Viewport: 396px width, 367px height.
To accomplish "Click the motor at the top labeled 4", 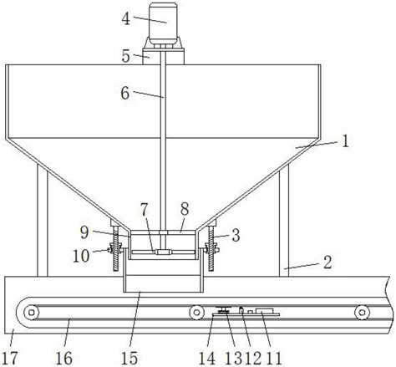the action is tap(163, 24).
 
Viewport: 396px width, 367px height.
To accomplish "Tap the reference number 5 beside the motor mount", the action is tap(126, 56).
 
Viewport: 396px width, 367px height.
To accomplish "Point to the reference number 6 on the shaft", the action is tap(125, 93).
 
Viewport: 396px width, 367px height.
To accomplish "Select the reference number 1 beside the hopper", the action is tap(345, 141).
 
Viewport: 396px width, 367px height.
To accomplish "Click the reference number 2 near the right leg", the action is tap(327, 263).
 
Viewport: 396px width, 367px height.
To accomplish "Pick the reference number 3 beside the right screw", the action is tap(236, 235).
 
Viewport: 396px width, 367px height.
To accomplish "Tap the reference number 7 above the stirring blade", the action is tap(144, 210).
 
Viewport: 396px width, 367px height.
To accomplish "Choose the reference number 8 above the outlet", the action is tap(185, 209).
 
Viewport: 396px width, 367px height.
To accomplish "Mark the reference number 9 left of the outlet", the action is tap(84, 232).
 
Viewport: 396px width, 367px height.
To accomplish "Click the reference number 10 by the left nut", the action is tap(81, 256).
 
